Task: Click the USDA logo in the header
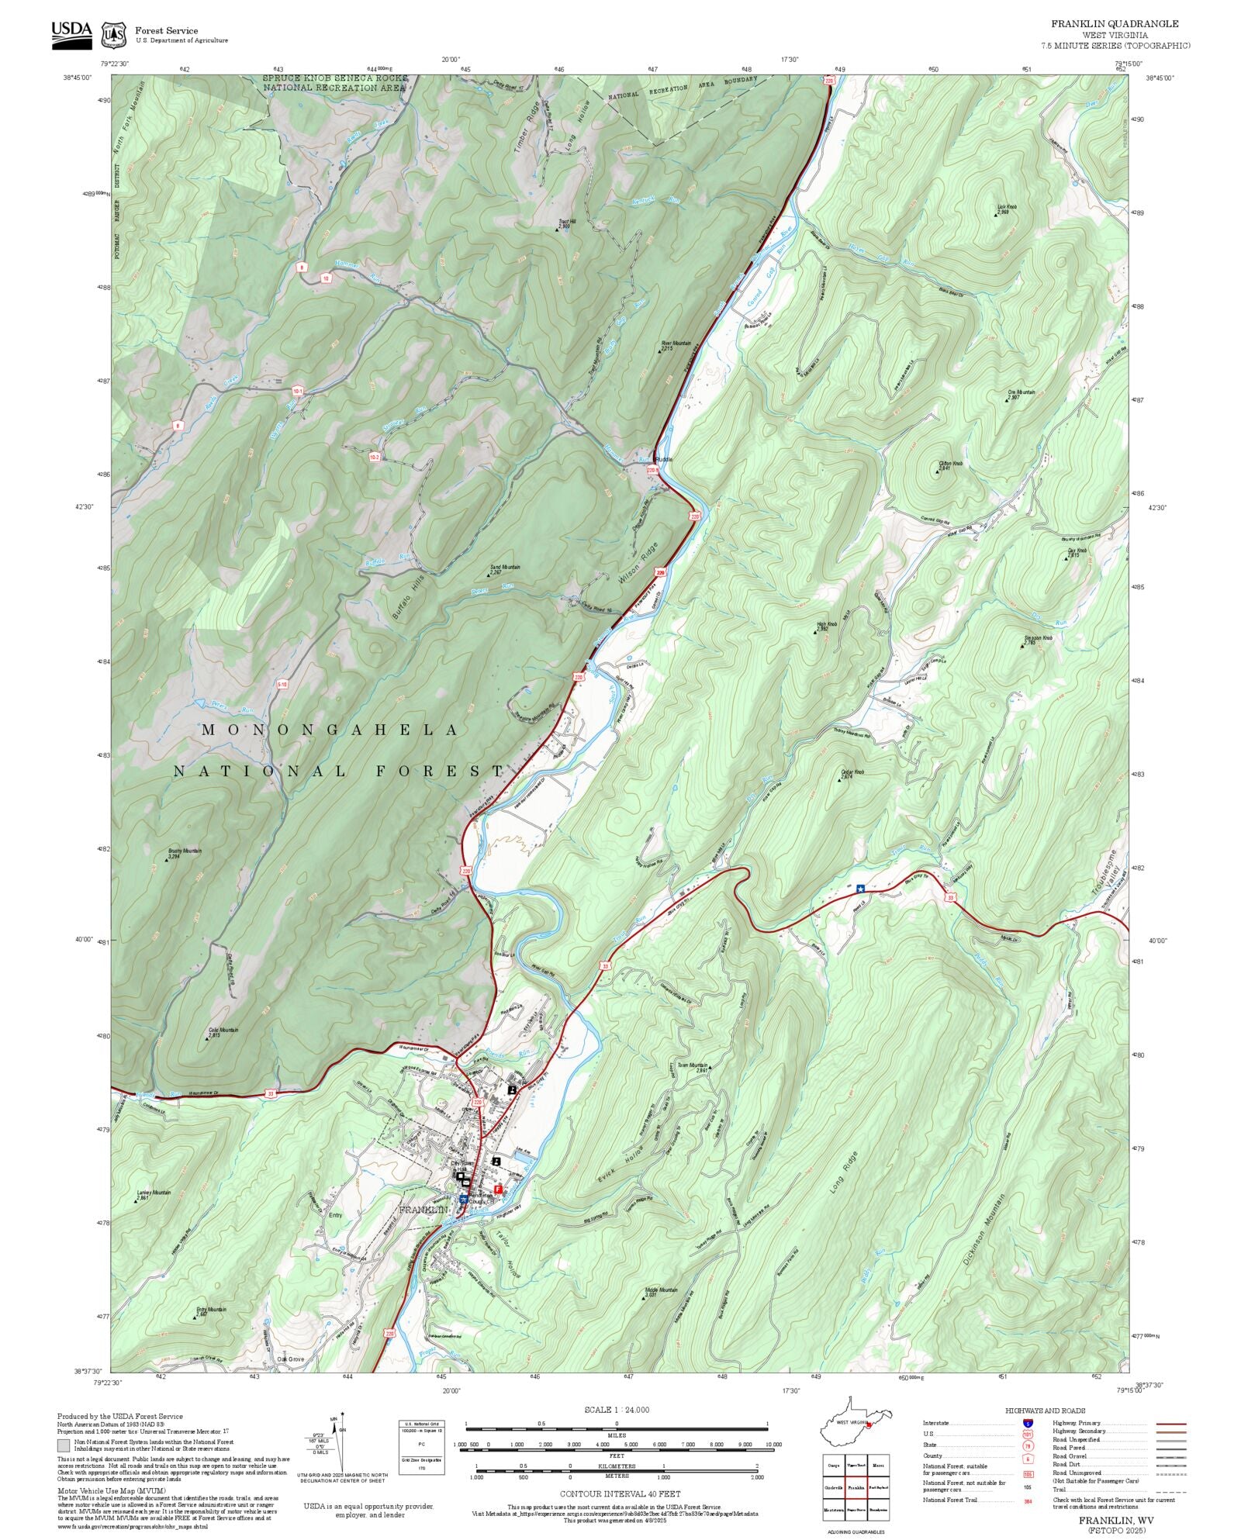tap(71, 35)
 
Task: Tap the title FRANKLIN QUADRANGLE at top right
tap(1115, 24)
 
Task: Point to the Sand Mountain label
tap(505, 568)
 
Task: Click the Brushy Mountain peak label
tap(185, 851)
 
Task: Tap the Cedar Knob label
tap(852, 772)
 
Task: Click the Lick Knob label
tap(1006, 208)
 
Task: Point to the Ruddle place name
tap(664, 460)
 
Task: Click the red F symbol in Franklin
tap(499, 1188)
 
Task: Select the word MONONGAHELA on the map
tap(330, 730)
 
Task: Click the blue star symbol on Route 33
tap(861, 889)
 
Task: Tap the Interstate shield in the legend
tap(1028, 1424)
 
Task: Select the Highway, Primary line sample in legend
tap(1170, 1424)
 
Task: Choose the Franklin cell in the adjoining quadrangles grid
tap(856, 1487)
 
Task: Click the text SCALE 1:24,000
tap(617, 1410)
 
